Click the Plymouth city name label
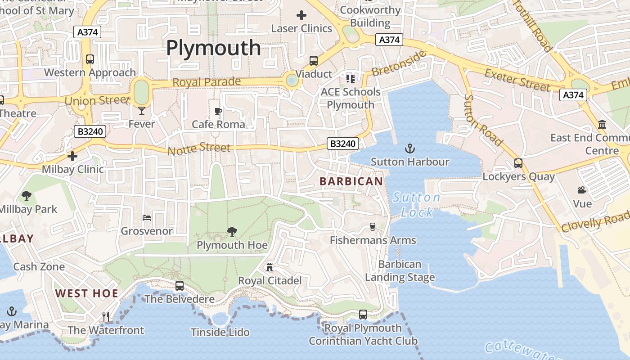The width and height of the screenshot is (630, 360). click(x=213, y=48)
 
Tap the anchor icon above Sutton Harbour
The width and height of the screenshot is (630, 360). click(x=409, y=148)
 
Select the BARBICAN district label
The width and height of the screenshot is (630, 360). click(x=351, y=181)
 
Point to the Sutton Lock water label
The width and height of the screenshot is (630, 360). click(x=416, y=205)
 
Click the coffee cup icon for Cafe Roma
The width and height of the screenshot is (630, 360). click(x=218, y=111)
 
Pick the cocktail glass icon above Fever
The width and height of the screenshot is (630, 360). click(x=142, y=110)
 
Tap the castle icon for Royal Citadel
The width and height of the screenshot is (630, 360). click(x=270, y=267)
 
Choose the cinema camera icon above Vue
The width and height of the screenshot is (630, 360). click(x=582, y=190)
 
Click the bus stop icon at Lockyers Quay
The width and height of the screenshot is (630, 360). click(x=518, y=163)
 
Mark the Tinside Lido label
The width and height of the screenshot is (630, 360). click(x=220, y=333)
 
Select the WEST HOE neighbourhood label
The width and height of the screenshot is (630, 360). click(x=87, y=294)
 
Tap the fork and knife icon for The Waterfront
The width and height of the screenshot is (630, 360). click(x=106, y=316)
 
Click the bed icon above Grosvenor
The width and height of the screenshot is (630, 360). click(x=147, y=218)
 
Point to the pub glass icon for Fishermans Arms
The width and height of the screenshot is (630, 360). click(x=373, y=226)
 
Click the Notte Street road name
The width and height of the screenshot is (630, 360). click(x=199, y=148)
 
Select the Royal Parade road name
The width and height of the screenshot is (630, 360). click(x=207, y=82)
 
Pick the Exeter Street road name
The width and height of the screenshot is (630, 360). click(x=517, y=80)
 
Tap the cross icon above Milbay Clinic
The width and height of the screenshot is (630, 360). click(x=72, y=156)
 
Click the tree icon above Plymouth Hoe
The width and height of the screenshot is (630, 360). click(x=232, y=232)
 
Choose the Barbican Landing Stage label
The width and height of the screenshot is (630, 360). click(x=400, y=271)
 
